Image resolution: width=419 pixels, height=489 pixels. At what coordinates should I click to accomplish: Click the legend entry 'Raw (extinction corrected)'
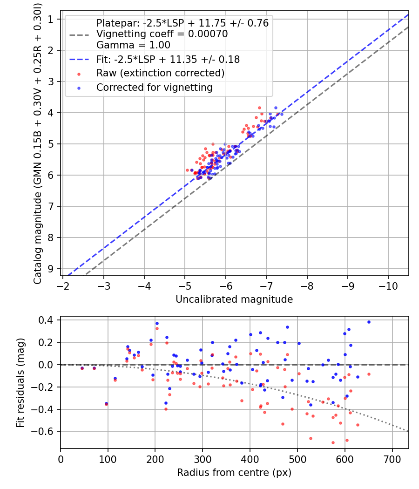[160, 73]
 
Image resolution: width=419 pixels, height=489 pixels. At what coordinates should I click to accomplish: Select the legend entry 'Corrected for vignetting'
[154, 88]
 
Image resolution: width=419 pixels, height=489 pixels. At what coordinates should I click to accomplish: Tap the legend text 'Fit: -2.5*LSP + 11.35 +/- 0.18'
[168, 59]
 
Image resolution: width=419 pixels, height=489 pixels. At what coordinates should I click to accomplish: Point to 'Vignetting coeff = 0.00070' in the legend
[162, 34]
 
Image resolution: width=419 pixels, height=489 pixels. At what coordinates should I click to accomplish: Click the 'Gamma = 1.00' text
[133, 45]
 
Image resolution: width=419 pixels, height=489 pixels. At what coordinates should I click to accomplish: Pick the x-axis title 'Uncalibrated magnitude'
[234, 299]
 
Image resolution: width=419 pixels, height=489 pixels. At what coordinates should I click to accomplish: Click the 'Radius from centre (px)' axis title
[234, 473]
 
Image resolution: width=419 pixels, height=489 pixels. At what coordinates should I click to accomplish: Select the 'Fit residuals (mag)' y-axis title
[20, 383]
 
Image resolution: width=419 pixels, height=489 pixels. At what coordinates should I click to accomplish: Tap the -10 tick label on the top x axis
[388, 286]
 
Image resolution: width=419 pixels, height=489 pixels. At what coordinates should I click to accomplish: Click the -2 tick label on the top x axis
[63, 286]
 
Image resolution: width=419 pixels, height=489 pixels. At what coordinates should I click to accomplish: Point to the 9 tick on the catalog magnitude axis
[50, 269]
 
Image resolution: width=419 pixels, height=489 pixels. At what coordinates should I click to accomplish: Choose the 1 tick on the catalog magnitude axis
[50, 20]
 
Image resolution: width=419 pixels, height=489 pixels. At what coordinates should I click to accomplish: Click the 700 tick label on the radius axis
[392, 459]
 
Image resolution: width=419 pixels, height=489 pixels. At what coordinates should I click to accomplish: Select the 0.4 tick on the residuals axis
[45, 320]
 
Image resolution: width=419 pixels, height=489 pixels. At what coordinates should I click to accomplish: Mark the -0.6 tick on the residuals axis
[42, 432]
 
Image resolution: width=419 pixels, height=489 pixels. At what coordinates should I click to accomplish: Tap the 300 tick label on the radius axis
[203, 459]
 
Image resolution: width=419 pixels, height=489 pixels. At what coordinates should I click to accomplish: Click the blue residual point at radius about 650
[369, 322]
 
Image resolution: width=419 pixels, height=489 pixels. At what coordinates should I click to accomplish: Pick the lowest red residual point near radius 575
[333, 442]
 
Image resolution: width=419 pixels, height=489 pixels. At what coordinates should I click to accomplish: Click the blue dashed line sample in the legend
[80, 60]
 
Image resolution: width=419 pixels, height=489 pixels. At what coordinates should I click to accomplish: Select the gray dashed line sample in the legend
[80, 34]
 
